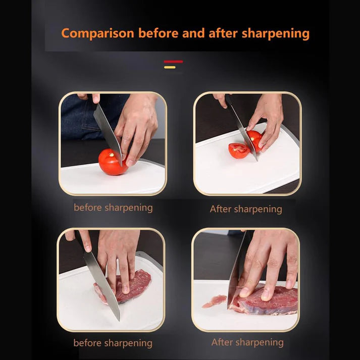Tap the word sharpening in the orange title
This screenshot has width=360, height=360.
275,34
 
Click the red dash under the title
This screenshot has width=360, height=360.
173,62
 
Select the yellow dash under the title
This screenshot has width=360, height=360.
170,67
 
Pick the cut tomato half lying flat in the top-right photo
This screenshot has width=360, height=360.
239,150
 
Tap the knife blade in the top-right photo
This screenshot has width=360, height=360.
240,126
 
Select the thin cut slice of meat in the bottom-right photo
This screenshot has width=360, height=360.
214,302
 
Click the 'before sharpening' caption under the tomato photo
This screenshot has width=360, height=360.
113,208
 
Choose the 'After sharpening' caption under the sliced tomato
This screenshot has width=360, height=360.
246,209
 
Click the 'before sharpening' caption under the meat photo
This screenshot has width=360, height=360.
113,343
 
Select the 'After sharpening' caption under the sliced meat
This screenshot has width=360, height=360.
247,342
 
